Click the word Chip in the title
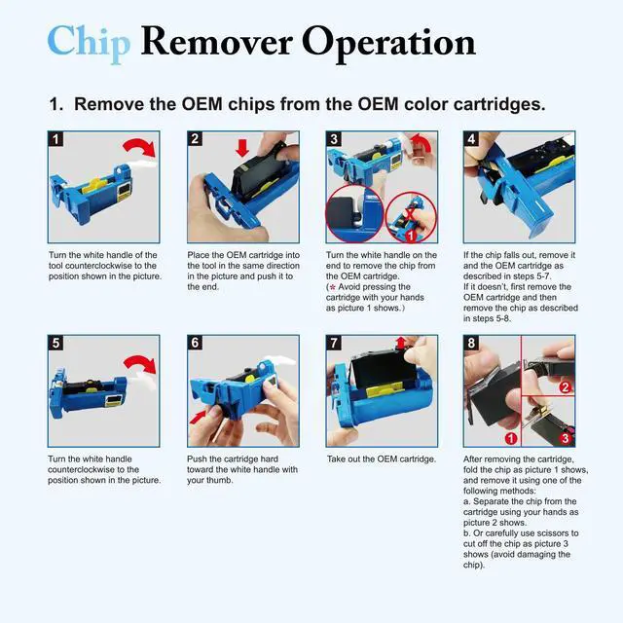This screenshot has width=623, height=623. [x=89, y=42]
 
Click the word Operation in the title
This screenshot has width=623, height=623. [x=388, y=43]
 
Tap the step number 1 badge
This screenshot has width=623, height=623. [x=55, y=139]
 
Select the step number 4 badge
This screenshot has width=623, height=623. [x=471, y=139]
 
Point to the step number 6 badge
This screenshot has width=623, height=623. [x=195, y=343]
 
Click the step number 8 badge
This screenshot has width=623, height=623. [x=471, y=343]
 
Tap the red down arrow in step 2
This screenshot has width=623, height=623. [x=242, y=148]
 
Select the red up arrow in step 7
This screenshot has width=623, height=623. [x=401, y=343]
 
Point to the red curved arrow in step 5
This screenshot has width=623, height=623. [x=140, y=363]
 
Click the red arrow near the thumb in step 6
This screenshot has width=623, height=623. [x=198, y=418]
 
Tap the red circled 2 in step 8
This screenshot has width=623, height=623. [x=565, y=387]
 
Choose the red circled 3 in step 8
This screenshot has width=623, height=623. [x=565, y=438]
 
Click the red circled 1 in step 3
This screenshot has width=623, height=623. [x=411, y=236]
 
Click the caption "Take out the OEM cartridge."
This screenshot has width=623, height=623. [x=382, y=459]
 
